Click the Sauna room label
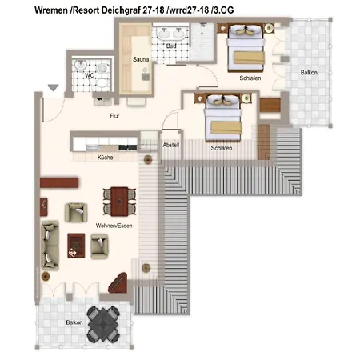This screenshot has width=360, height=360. pyautogui.click(x=141, y=59)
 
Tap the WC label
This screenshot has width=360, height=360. pyautogui.click(x=90, y=75)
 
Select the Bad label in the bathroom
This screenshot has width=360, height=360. pyautogui.click(x=171, y=46)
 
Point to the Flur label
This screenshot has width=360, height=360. pyautogui.click(x=114, y=116)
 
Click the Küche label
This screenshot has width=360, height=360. pyautogui.click(x=105, y=158)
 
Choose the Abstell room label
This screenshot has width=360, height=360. pyautogui.click(x=171, y=145)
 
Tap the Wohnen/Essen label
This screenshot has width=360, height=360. pyautogui.click(x=114, y=226)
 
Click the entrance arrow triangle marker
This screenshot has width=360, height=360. pyautogui.click(x=54, y=87)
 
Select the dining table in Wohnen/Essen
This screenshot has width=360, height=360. pyautogui.click(x=119, y=202)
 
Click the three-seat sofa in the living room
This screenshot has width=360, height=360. pyautogui.click(x=50, y=246)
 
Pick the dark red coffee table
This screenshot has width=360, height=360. pyautogui.click(x=76, y=246)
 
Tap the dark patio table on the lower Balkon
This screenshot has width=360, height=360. pyautogui.click(x=103, y=324)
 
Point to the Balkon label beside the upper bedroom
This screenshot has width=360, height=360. pyautogui.click(x=309, y=73)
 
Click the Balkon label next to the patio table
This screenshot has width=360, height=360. pyautogui.click(x=74, y=322)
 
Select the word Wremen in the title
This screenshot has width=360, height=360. pyautogui.click(x=51, y=10)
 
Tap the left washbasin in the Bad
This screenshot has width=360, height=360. pyautogui.click(x=162, y=34)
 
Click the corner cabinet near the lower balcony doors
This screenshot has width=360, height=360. pyautogui.click(x=118, y=282)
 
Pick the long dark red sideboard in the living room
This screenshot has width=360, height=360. pyautogui.click(x=59, y=183)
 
